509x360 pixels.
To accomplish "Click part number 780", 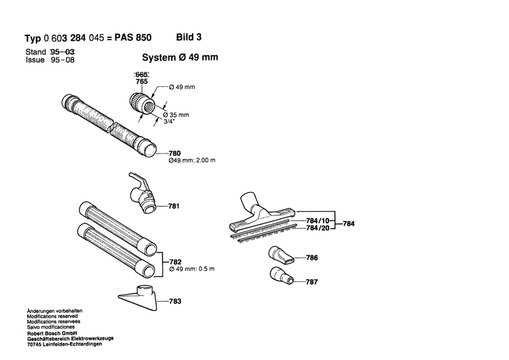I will (174, 154).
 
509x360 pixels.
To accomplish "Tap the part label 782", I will (174, 260).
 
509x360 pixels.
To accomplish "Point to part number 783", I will (174, 300).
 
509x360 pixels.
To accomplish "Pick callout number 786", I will (312, 259).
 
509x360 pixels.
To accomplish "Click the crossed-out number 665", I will (141, 74).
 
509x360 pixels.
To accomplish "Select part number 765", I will (141, 82).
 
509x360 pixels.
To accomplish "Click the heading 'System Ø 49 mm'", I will (180, 58).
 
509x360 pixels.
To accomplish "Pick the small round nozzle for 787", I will (280, 277).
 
